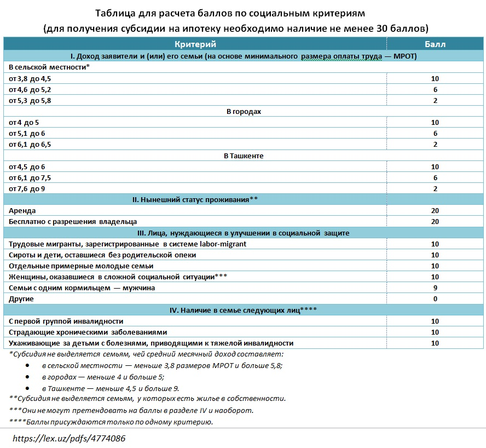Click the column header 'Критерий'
coord(195,44)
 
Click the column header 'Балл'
coord(435,44)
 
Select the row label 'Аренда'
coord(22,210)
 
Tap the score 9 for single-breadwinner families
coord(435,288)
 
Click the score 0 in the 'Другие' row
coord(435,299)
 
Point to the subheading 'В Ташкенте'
coord(244,156)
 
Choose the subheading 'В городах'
coord(244,111)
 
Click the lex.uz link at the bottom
coord(69,439)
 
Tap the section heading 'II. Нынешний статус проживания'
coord(195,199)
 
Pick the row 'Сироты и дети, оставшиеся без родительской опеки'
coord(102,255)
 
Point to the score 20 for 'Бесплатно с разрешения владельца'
coord(435,221)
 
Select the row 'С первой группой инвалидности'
coord(66,321)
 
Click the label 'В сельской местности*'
coord(49,67)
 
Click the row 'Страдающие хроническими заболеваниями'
coord(88,332)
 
